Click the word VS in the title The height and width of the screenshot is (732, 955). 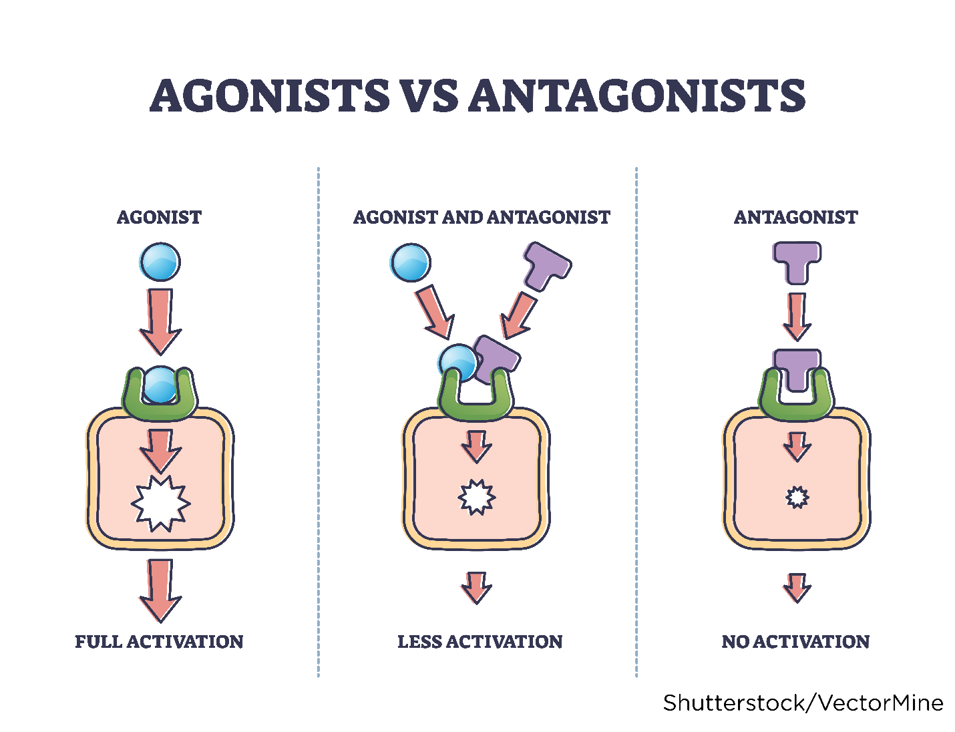[429, 96]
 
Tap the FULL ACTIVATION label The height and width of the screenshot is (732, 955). [159, 642]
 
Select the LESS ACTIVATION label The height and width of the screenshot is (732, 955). [480, 642]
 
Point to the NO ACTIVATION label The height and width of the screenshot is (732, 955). [795, 642]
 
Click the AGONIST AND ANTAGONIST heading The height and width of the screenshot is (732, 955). [481, 217]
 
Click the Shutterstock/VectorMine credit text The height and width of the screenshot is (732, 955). [803, 703]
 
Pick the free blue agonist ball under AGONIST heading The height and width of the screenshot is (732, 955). [160, 262]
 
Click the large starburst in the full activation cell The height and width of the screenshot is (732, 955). [160, 503]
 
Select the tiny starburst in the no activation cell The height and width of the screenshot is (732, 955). [797, 498]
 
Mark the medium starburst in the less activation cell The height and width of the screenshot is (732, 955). [476, 498]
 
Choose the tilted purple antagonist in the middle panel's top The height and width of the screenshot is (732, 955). [546, 266]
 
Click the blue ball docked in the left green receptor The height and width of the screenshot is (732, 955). [160, 385]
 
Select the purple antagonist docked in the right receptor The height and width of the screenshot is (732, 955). [796, 367]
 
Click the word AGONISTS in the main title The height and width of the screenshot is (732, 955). [270, 96]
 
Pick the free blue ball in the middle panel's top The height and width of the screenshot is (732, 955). [410, 262]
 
